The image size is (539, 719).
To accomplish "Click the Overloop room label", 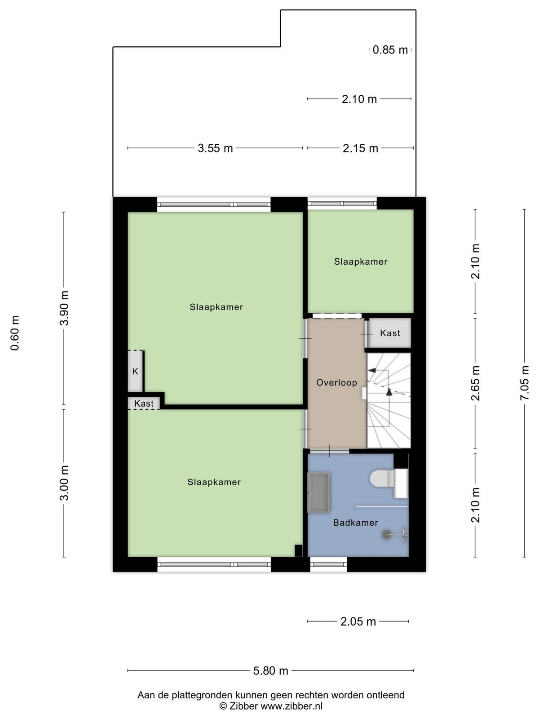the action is (x=336, y=382).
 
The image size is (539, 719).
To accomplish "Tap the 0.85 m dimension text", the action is (x=390, y=50).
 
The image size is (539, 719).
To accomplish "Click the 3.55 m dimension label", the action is (x=215, y=148).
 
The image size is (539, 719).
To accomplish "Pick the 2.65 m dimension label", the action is (x=475, y=382).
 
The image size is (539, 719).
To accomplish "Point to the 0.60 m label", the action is (x=15, y=333).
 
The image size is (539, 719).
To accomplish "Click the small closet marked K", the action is (x=135, y=371).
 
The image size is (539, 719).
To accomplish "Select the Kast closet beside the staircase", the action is (x=390, y=333).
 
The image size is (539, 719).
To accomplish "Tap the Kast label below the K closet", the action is (x=144, y=403).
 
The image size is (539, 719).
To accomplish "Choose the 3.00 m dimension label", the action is (x=65, y=483).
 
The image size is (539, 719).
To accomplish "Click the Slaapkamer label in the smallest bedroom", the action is (x=361, y=262).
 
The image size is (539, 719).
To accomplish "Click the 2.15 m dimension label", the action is (x=360, y=148).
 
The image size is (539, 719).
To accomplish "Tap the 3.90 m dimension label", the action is (x=65, y=308).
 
